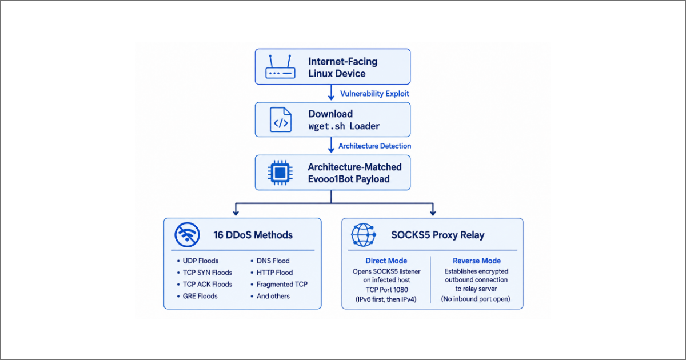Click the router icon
(280, 67)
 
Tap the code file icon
(281, 119)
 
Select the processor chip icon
(280, 173)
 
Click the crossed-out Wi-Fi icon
(187, 235)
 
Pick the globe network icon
(364, 235)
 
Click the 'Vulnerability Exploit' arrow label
(374, 93)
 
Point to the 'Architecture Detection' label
(374, 146)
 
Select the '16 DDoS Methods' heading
(253, 235)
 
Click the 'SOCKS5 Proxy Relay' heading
(438, 235)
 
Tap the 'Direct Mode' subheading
(386, 261)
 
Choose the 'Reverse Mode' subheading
(477, 261)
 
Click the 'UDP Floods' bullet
(200, 261)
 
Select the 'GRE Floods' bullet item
(200, 296)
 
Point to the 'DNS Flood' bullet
(273, 261)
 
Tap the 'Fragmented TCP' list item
(282, 285)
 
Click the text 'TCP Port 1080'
(387, 290)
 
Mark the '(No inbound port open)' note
(476, 299)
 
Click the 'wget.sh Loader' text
(344, 126)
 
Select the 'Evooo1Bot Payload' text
(349, 179)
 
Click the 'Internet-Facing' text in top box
(342, 62)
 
